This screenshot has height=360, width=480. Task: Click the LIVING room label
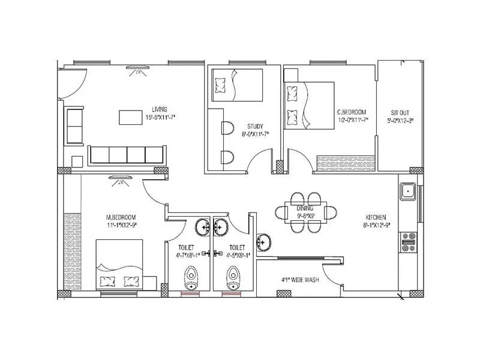[159, 109]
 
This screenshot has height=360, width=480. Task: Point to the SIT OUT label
[400, 112]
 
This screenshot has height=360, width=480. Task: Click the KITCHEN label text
[376, 217]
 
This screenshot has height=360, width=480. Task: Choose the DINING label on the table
[305, 208]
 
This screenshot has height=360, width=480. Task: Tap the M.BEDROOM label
[121, 217]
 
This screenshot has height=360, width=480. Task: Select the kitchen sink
[408, 192]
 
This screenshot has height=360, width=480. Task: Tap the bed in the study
[236, 85]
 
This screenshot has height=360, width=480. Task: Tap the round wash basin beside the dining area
[263, 241]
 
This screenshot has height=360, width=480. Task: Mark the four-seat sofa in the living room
[127, 154]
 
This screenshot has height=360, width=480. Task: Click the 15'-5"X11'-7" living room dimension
[159, 118]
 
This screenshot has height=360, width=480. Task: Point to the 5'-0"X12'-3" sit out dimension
[401, 120]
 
